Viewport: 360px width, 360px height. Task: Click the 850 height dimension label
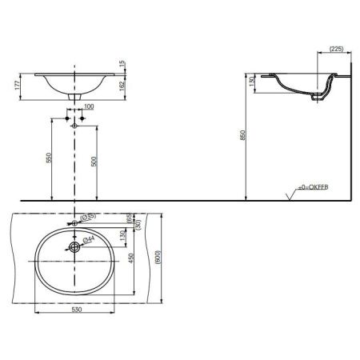click(242, 135)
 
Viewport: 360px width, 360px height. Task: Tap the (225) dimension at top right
click(337, 49)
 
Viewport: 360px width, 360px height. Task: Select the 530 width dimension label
click(77, 310)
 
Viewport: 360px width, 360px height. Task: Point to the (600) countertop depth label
click(158, 257)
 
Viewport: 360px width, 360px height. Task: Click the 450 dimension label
click(131, 258)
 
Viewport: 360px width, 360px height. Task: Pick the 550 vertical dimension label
click(48, 158)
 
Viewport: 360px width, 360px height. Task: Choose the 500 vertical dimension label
click(94, 162)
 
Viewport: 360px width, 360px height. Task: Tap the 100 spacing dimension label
click(89, 106)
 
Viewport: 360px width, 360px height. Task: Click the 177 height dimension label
click(18, 85)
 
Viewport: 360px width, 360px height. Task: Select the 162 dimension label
click(122, 86)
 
